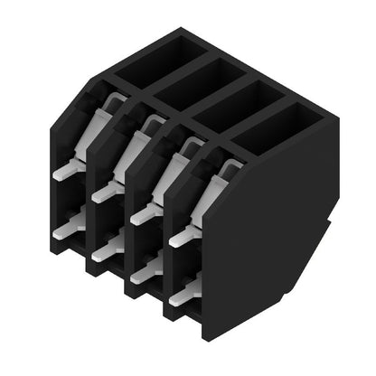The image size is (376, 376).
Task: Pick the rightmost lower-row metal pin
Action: coord(184,291)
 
